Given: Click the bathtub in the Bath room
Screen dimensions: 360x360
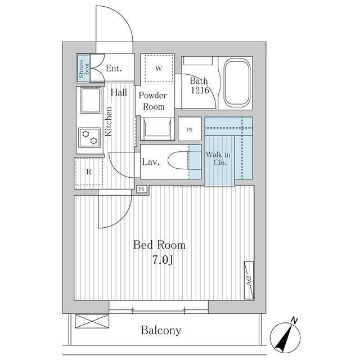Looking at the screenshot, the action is [237, 83].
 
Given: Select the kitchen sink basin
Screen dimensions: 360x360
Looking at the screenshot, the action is [91, 100].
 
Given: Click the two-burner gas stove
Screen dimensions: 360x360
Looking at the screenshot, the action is [89, 137].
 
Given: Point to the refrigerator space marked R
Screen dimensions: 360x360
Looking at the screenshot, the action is [88, 172].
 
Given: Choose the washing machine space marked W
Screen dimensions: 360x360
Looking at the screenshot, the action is [159, 68].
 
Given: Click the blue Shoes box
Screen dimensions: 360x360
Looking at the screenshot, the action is [83, 69].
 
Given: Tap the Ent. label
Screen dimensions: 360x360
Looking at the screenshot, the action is [114, 68].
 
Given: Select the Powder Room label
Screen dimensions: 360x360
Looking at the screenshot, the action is [153, 101].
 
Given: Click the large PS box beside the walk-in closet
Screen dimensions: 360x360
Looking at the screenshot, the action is [190, 129].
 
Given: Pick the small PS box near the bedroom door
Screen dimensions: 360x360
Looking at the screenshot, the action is [142, 189].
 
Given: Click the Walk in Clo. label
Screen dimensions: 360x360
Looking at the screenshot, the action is [218, 159].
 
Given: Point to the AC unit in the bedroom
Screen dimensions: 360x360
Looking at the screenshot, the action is [249, 280].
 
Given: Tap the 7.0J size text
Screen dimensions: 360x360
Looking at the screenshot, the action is [163, 260].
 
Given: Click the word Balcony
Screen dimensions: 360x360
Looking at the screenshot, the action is [161, 330].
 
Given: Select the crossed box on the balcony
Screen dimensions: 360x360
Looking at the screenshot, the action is [92, 321].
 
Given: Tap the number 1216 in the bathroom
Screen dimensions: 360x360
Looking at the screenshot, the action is [200, 90].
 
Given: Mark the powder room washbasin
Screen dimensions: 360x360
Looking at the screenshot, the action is [157, 129].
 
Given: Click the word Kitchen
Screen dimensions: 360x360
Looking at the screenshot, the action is [109, 121].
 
